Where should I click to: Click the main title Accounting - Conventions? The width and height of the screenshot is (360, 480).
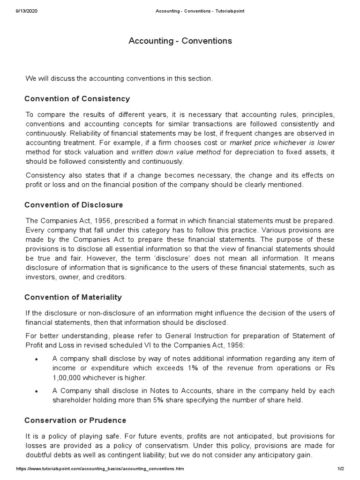tap(180, 41)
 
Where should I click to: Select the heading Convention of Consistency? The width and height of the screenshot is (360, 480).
tap(77, 99)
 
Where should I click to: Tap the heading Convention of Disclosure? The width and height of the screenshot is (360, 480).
tap(74, 205)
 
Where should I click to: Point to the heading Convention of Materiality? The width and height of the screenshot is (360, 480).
tap(73, 297)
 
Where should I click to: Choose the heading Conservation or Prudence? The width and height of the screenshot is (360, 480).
tap(75, 420)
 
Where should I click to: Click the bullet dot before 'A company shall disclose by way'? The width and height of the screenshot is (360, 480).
tap(36, 359)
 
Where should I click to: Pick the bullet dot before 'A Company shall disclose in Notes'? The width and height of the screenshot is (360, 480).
tap(36, 391)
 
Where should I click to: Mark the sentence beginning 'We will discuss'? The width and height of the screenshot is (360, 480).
tap(119, 78)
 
